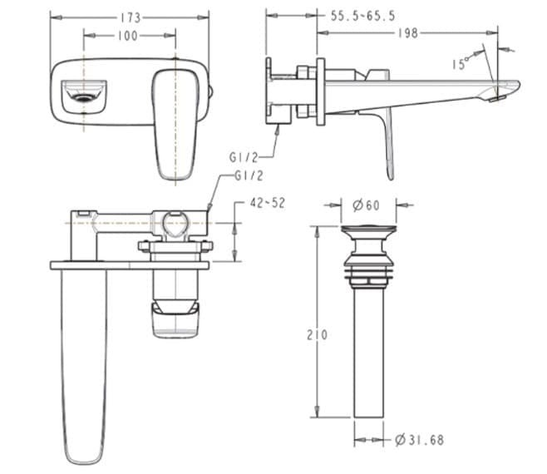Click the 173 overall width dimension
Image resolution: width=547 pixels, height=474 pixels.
[130, 17]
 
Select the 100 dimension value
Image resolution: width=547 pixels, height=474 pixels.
[128, 36]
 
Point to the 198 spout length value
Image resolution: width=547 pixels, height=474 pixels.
[407, 33]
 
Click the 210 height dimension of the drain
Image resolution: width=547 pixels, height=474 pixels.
[317, 334]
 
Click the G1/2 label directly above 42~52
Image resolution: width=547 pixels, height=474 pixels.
[249, 175]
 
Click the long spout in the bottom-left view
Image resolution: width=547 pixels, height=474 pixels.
[85, 366]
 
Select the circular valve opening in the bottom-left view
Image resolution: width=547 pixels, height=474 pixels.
[175, 225]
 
